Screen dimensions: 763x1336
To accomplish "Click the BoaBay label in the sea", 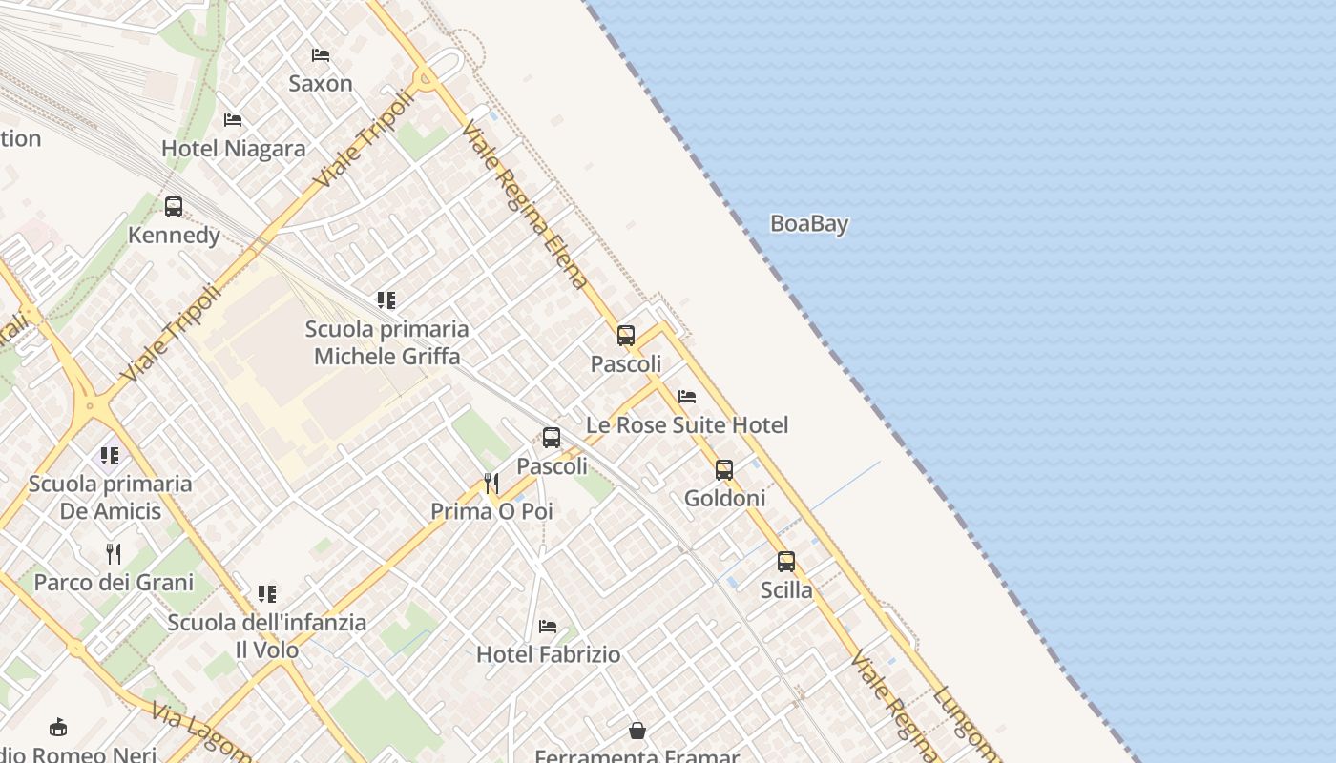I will [809, 224].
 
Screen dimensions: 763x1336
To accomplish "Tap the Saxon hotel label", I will [321, 84].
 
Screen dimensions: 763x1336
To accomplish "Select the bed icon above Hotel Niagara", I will [233, 120].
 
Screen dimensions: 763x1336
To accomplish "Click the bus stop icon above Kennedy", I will [174, 207].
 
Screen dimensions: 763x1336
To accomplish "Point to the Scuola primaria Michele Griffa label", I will [386, 342].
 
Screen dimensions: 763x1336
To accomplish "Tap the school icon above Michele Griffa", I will [386, 301].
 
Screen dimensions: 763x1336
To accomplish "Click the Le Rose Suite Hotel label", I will [687, 425].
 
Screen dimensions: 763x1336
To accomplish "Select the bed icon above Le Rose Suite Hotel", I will [687, 397].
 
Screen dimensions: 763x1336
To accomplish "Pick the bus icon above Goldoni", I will [724, 470].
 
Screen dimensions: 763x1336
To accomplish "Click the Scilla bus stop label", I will [786, 590].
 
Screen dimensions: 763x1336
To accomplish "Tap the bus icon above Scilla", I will [786, 562].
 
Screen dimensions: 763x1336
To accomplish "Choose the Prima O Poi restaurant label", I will [491, 511].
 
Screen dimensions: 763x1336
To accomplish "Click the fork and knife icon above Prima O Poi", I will [491, 484].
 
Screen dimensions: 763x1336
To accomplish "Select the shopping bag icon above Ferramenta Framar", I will [637, 732].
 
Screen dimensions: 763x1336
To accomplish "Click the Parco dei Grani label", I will [114, 583].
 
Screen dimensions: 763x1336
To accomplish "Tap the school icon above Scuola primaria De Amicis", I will [111, 456].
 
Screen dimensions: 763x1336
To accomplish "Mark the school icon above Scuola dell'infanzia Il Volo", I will [267, 594].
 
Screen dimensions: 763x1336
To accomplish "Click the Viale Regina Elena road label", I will [524, 204].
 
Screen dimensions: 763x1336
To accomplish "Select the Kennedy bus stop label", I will [174, 236].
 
